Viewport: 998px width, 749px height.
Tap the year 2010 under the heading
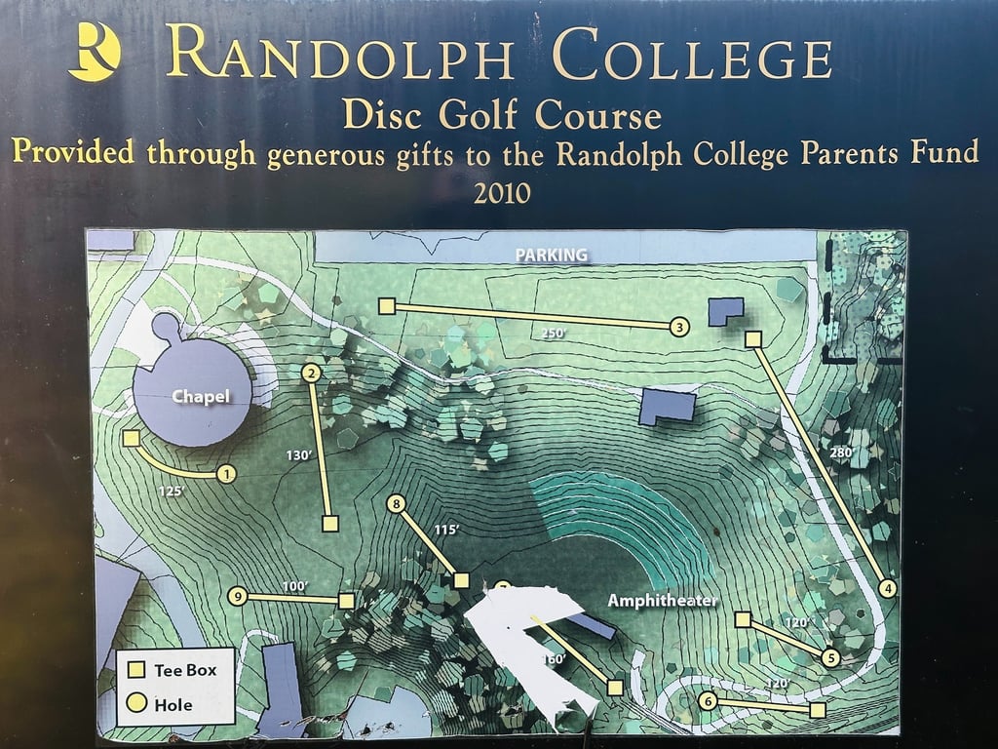pos(502,193)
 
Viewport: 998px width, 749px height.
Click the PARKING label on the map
pos(551,255)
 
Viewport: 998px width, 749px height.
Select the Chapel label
pos(201,396)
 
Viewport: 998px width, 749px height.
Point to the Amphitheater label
pos(663,601)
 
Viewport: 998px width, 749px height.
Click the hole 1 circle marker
pos(227,475)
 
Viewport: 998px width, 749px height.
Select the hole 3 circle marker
pos(679,328)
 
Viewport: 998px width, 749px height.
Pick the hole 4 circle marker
pos(887,588)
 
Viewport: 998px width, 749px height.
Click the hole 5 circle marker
pos(830,657)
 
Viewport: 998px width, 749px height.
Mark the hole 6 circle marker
pos(709,701)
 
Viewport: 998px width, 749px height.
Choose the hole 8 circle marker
pos(396,504)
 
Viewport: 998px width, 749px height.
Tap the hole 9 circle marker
pos(236,596)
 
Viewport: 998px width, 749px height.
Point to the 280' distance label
pos(841,453)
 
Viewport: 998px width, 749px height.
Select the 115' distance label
pos(445,530)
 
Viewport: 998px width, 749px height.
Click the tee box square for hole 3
pos(386,307)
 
